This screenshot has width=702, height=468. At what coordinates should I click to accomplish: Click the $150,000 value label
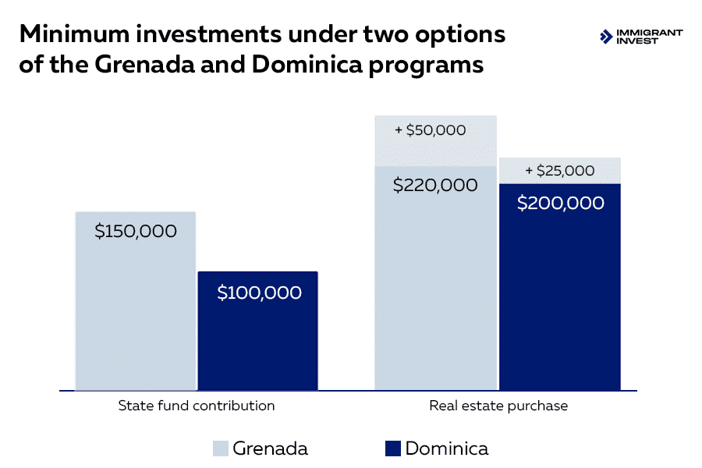136,232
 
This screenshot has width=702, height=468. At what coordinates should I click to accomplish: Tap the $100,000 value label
259,293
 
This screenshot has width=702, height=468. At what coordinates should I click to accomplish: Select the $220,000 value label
435,186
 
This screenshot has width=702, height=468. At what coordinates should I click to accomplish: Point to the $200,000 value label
561,204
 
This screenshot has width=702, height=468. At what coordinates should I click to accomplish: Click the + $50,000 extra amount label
431,130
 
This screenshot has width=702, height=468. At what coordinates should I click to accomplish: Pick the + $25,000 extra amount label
559,171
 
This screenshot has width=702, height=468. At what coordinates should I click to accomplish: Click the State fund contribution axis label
197,406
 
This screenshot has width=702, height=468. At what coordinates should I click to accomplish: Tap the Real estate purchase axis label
498,406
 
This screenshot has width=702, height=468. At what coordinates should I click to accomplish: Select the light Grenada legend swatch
221,448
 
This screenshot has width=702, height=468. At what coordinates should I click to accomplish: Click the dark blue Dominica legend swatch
392,448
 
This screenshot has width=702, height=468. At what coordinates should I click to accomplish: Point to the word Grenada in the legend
270,448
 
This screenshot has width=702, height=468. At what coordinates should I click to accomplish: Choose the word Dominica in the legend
447,448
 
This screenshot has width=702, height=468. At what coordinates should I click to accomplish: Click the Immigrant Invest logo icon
605,37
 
